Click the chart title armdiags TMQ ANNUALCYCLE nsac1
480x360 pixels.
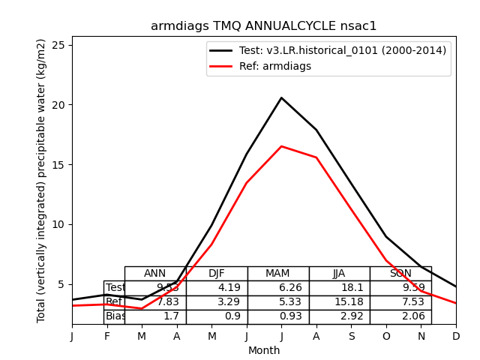point(263,26)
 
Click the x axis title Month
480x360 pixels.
point(264,350)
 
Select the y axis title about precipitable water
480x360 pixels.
point(42,180)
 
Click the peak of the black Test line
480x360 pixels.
point(281,97)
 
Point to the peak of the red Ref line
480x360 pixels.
point(281,146)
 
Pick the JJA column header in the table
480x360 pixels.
point(339,274)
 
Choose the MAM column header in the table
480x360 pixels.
point(277,274)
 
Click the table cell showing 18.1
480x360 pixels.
point(339,288)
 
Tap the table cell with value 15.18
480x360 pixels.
point(339,302)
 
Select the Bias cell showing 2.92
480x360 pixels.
point(339,316)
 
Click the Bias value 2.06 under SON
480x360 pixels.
point(400,316)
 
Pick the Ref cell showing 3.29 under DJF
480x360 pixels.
point(216,302)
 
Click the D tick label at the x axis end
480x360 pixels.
point(456,337)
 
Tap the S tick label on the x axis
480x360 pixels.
point(351,337)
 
